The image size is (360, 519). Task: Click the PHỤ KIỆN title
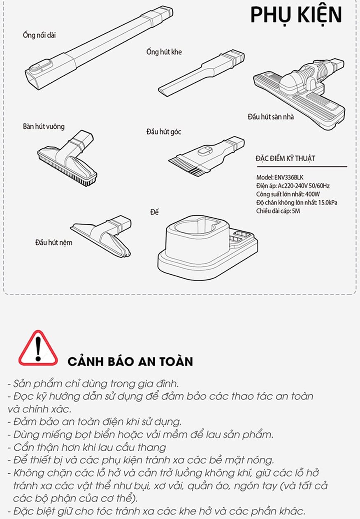click(296, 15)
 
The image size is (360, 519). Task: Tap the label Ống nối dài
click(39, 35)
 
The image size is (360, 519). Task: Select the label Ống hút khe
click(164, 52)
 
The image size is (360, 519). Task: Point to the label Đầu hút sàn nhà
click(271, 116)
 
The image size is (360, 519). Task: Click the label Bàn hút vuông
click(44, 127)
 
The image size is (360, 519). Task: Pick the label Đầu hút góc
click(164, 132)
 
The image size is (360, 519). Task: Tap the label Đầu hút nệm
click(54, 243)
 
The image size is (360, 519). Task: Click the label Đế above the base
click(154, 212)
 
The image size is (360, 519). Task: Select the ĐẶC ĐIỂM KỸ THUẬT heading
click(286, 158)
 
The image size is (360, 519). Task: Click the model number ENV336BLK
click(289, 178)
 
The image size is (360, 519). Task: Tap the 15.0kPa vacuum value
click(328, 202)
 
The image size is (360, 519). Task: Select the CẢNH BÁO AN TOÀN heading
click(130, 361)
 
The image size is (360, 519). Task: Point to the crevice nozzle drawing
click(201, 72)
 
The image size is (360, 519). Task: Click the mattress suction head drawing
click(101, 235)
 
